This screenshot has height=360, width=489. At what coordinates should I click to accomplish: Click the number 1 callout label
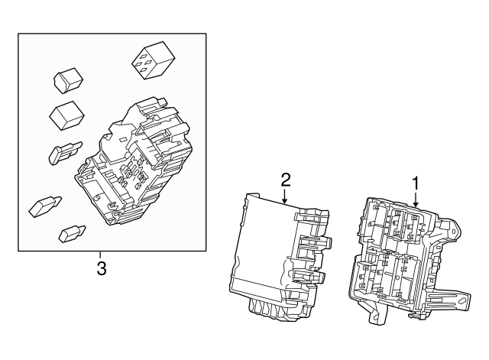416,183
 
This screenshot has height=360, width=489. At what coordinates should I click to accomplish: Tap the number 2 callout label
286,180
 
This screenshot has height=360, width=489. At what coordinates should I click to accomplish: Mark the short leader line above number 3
100,255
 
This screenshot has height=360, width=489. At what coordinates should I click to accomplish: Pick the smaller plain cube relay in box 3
68,80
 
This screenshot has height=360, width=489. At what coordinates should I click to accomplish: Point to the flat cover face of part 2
260,245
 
